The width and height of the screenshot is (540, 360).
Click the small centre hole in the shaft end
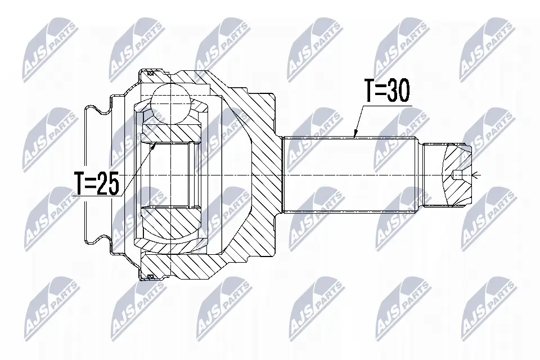click(x=458, y=175)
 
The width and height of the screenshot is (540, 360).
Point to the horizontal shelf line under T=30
click(x=388, y=104)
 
